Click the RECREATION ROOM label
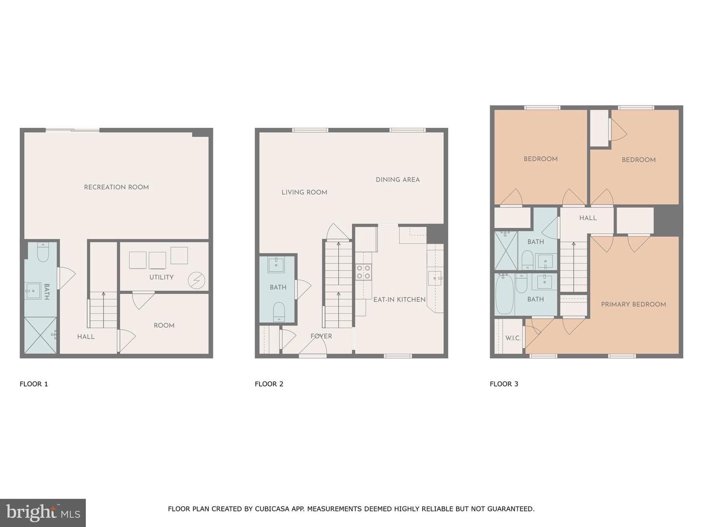pos(116,187)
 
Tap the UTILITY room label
pos(162,277)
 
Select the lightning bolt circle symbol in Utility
pos(196,281)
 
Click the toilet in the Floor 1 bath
pos(42,252)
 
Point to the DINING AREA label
pos(397,180)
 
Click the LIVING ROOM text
pos(304,192)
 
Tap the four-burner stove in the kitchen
pos(364,272)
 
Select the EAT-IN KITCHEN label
pos(399,300)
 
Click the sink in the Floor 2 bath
pos(276,264)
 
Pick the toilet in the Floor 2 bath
pos(279,312)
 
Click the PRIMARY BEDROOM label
pos(634,304)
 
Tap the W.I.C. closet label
pos(513,338)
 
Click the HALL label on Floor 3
pos(588,218)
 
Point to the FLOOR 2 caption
pos(269,384)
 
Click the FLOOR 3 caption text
pos(504,384)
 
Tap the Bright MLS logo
pos(43,513)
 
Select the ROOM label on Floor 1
pos(164,325)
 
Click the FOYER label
pos(321,336)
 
